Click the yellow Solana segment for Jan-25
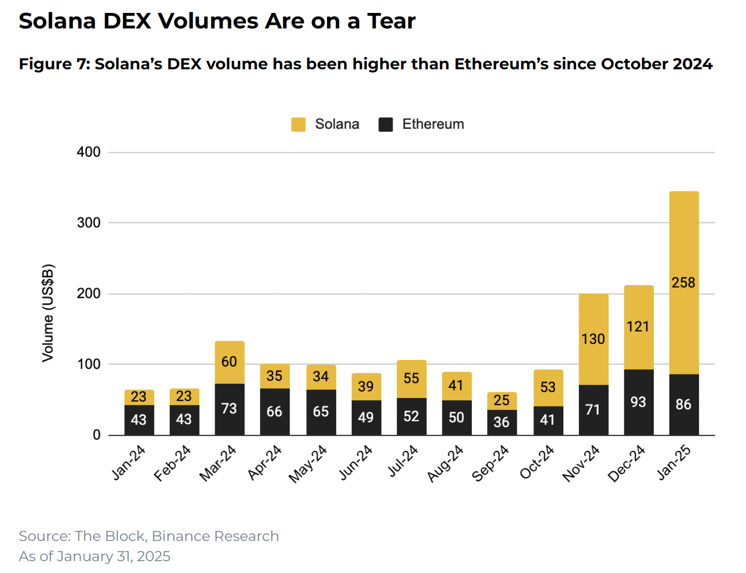coord(683,282)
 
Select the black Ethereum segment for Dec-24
coord(638,402)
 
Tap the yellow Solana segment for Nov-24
coord(593,339)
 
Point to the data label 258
coord(683,282)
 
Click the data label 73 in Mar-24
coord(229,409)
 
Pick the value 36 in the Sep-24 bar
coord(501,422)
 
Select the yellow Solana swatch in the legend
coord(298,124)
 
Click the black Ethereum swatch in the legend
coord(385,124)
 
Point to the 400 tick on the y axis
coord(88,152)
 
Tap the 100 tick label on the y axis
coord(88,364)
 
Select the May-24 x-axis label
coord(307,464)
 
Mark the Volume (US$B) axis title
coord(48,313)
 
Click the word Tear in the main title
coord(391,21)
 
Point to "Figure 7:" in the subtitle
coord(55,64)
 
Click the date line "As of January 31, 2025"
coord(94,556)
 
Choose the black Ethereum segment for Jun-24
coord(366,417)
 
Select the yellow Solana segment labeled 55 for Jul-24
coord(411,379)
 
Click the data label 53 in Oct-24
coord(548,387)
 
